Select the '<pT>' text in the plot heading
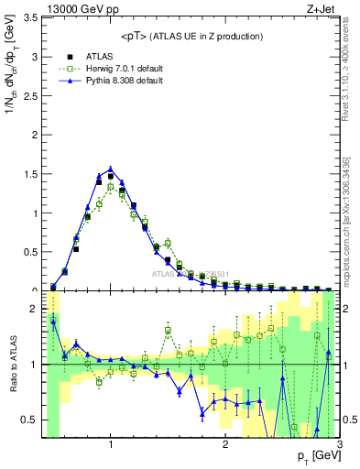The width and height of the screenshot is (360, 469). coord(136,36)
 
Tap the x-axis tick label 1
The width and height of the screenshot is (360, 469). coord(111,445)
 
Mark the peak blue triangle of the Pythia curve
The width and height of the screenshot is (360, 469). coord(111,169)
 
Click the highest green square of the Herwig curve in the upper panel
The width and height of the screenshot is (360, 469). coord(111,187)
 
